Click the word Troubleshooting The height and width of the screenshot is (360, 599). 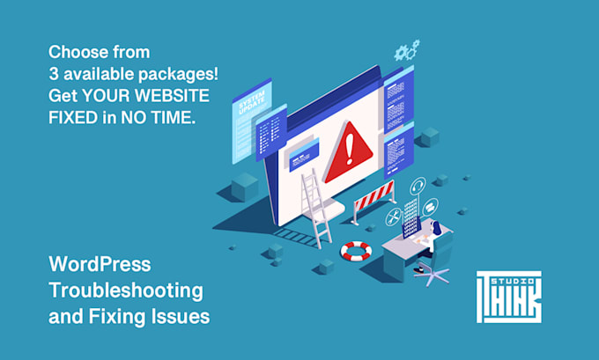[126, 290]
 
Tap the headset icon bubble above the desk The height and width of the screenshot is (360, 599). [418, 186]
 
